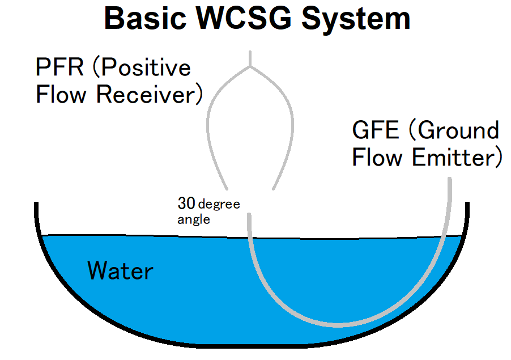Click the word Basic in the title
pos(145,19)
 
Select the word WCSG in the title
pos(244,19)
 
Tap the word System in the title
pos(356,20)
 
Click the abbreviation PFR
pos(59,67)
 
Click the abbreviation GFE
pos(376,130)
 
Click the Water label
pos(120,270)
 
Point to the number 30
pos(186,203)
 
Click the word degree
pos(219,205)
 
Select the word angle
pos(194,219)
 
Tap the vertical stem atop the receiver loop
pos(250,59)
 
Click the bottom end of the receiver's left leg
pos(227,189)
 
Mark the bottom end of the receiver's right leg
pos(273,189)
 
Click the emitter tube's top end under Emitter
pos(450,179)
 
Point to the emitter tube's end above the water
pos(249,214)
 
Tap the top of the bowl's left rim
pos(36,204)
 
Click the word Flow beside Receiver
pos(61,94)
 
